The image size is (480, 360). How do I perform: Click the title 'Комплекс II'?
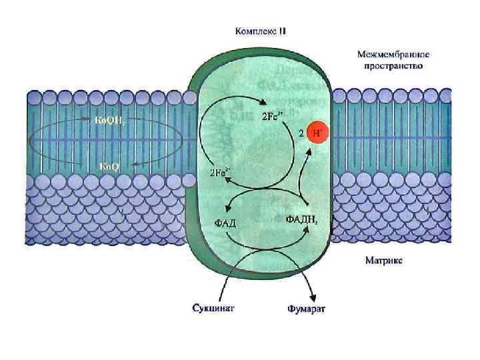tap(261, 31)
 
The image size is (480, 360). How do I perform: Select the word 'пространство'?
tap(392, 66)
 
